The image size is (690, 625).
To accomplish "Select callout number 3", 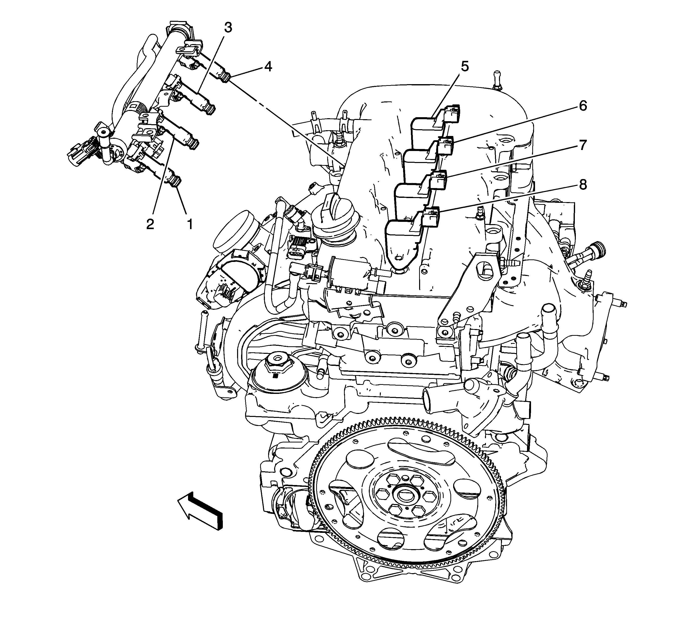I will tap(228, 27).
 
